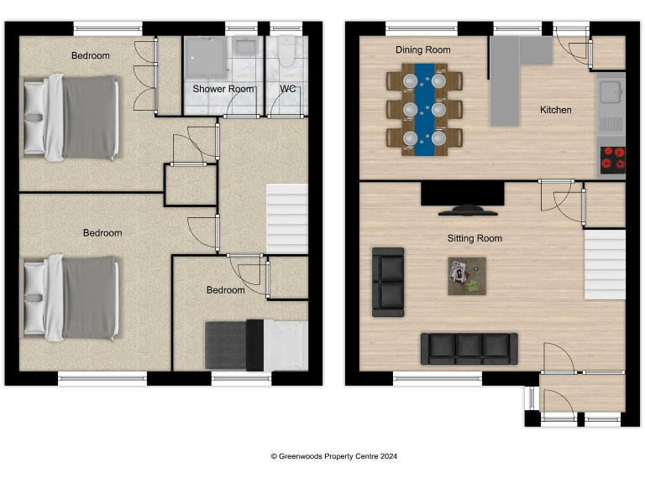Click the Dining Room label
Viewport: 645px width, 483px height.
pyautogui.click(x=422, y=50)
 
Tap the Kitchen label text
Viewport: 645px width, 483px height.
pyautogui.click(x=555, y=110)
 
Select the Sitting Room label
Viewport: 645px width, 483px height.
pyautogui.click(x=475, y=239)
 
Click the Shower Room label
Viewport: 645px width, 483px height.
pyautogui.click(x=223, y=89)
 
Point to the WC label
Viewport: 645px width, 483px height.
pyautogui.click(x=288, y=89)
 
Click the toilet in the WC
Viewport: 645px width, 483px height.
pyautogui.click(x=286, y=55)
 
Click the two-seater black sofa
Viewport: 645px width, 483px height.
pyautogui.click(x=387, y=280)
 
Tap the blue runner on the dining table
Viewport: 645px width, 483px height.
pyautogui.click(x=423, y=107)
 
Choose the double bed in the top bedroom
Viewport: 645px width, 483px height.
pyautogui.click(x=71, y=117)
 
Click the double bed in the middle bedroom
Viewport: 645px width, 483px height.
pyautogui.click(x=71, y=298)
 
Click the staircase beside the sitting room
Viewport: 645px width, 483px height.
pyautogui.click(x=605, y=266)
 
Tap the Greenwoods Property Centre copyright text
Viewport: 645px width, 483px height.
pyautogui.click(x=333, y=457)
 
